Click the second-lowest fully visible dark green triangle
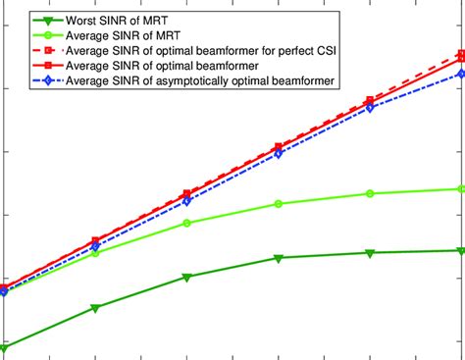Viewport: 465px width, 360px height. (x=187, y=278)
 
